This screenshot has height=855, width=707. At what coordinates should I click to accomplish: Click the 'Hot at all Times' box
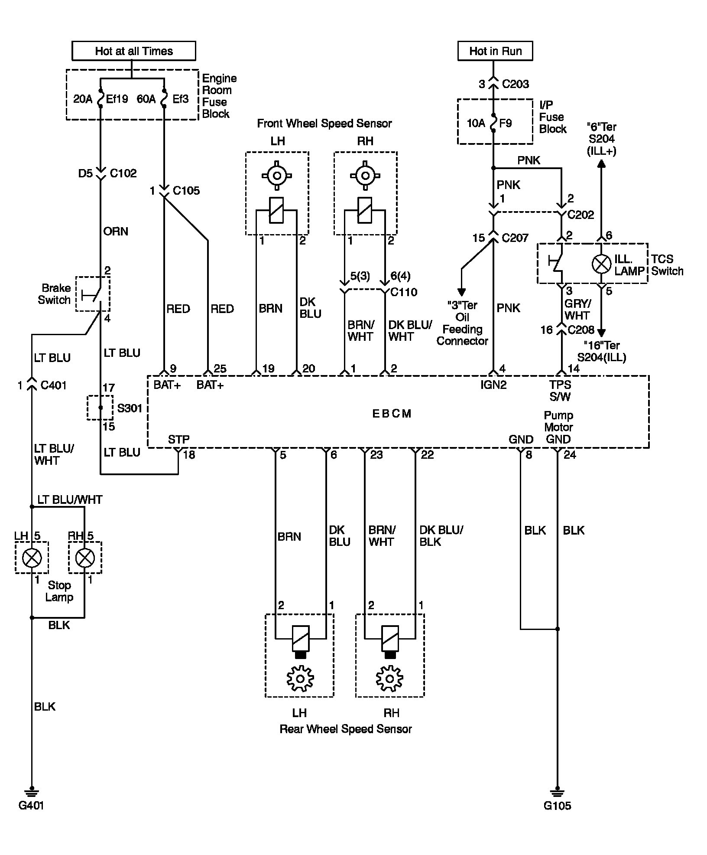pos(133,51)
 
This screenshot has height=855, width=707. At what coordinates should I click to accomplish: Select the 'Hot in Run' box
pos(495,51)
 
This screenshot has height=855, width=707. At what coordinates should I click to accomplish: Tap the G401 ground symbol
pos(31,792)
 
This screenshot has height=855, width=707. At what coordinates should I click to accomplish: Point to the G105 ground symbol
pos(557,792)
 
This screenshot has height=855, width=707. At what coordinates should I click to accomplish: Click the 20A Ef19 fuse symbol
pos(101,99)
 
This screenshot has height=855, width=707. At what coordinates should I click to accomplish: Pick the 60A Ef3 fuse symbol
pos(164,99)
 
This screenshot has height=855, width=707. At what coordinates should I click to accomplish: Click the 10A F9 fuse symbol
pos(493,123)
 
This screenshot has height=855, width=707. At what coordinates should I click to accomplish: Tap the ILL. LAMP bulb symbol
pos(601,264)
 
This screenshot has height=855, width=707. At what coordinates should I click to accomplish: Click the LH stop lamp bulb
pos(32,558)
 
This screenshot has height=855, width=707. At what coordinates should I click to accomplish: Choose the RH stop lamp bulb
pos(85,558)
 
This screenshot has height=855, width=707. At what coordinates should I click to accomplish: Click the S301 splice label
pos(130,408)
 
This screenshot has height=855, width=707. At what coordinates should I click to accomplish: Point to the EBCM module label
pos(392,413)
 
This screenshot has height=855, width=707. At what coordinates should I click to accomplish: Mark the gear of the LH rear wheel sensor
pos(300,679)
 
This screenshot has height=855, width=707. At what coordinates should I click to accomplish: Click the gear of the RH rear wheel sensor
pos(390,679)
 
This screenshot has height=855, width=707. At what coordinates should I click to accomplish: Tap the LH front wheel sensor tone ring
pos(277,176)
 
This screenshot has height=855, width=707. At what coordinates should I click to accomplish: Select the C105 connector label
pos(186,191)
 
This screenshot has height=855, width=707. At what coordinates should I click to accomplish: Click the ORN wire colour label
pos(116,231)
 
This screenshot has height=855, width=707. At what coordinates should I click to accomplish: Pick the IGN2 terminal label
pos(493,385)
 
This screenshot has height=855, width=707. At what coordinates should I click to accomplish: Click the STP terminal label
pos(178,440)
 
